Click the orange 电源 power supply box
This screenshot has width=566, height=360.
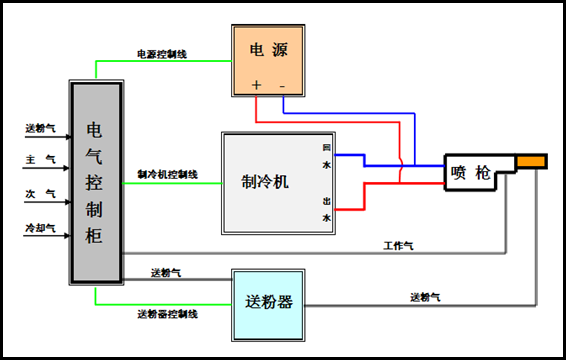tap(268, 57)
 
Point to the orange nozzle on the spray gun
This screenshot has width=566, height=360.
tap(531, 162)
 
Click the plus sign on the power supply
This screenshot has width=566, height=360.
tap(256, 86)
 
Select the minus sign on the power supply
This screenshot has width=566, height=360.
tap(282, 86)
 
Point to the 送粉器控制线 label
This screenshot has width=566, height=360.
tap(167, 314)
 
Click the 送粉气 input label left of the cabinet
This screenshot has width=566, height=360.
tap(40, 127)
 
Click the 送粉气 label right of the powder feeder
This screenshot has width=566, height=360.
tap(425, 296)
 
